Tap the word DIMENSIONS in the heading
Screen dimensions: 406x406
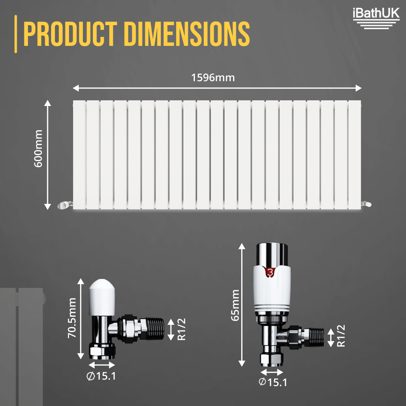point(184,34)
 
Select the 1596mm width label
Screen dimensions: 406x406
point(213,78)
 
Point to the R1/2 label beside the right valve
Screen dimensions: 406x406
point(341,336)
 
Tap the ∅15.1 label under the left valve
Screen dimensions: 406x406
point(101,376)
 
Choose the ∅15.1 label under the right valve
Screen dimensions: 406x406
point(273,382)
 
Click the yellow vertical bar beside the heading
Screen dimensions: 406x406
point(16,34)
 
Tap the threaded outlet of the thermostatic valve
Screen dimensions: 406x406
point(317,336)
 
